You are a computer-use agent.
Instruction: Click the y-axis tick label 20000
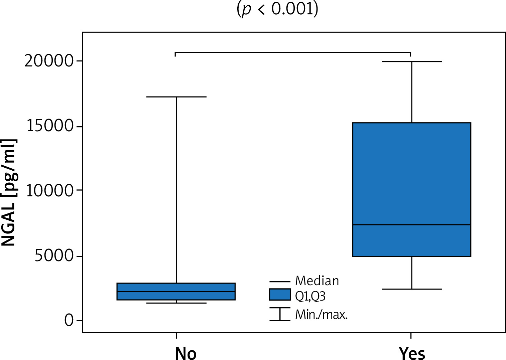click(x=49, y=61)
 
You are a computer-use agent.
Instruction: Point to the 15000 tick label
click(x=50, y=126)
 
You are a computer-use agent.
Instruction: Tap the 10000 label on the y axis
click(x=50, y=191)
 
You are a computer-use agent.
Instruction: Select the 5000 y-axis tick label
click(x=54, y=256)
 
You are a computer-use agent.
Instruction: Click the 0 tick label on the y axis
click(x=69, y=321)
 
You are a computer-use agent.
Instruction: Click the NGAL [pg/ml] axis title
click(x=9, y=193)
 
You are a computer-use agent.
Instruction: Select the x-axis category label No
click(x=185, y=353)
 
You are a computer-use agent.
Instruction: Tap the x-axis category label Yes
click(x=412, y=353)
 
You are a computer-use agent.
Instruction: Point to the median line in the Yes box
click(x=412, y=225)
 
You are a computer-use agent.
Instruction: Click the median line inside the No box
click(x=176, y=292)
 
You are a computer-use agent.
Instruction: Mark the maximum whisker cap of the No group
click(x=176, y=97)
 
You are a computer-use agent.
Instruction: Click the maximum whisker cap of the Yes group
click(x=412, y=62)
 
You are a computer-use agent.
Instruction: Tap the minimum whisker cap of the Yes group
click(x=412, y=289)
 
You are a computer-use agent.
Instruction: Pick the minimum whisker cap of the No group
click(x=176, y=303)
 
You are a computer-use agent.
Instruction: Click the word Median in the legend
click(x=317, y=281)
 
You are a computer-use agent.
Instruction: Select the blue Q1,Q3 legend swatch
click(x=280, y=295)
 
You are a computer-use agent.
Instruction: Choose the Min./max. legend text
click(x=321, y=315)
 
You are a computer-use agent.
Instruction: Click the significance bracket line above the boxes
click(x=293, y=52)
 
